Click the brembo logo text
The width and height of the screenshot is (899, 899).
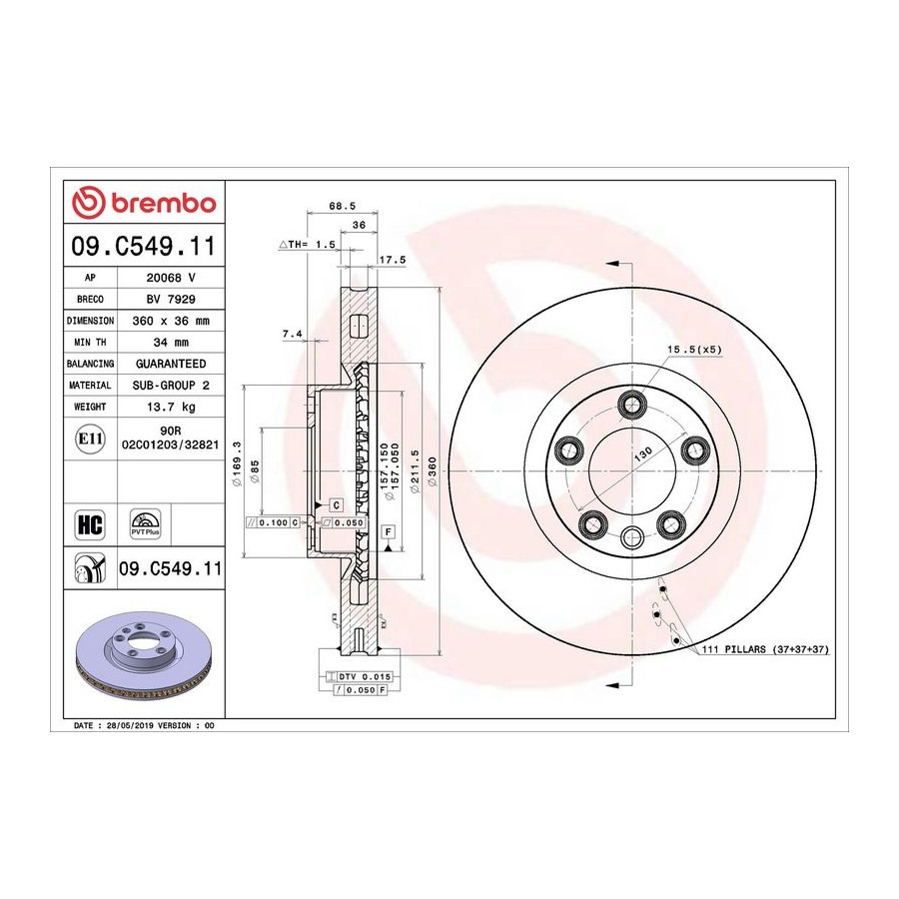[164, 203]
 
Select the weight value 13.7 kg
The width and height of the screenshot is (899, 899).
[171, 407]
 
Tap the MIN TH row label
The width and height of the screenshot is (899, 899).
[90, 343]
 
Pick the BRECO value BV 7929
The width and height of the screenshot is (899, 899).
[171, 299]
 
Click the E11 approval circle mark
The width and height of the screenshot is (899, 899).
[90, 440]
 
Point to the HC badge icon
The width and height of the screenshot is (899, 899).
[90, 524]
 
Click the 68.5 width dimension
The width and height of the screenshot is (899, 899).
[343, 205]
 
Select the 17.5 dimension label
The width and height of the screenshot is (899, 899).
[393, 260]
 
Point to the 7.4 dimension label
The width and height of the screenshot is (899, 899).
[292, 334]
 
